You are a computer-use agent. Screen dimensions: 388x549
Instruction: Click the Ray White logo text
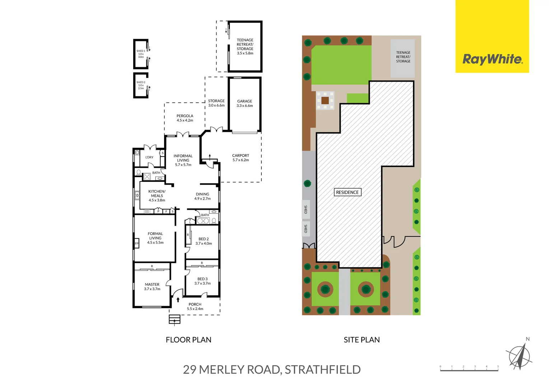[492, 59]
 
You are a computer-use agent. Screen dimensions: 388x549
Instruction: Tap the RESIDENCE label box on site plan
[347, 192]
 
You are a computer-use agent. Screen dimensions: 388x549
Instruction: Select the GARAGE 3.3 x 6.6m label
[245, 103]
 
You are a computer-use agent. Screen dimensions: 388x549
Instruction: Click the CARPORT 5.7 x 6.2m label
[241, 158]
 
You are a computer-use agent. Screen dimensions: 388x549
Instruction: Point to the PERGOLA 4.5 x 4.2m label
[185, 118]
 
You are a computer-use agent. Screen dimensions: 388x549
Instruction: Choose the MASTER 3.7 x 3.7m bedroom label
[152, 287]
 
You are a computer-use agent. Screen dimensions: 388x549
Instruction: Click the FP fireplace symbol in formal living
[136, 243]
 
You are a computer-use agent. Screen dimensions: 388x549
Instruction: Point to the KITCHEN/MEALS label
[157, 196]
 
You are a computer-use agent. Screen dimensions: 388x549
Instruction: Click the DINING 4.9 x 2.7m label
[203, 196]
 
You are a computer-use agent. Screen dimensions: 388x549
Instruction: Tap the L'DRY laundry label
[149, 157]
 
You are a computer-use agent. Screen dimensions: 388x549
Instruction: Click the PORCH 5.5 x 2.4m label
[195, 306]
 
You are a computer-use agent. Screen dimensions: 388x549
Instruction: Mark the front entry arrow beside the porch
[178, 299]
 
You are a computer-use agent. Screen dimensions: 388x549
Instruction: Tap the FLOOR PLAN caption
[189, 340]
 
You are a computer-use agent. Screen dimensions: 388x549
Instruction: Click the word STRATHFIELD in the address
[322, 370]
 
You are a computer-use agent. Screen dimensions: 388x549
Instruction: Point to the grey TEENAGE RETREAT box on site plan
[403, 58]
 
